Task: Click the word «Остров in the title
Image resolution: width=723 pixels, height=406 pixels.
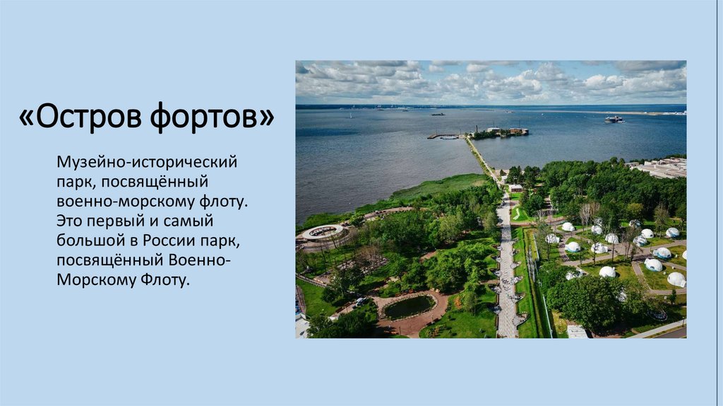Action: (x=81, y=116)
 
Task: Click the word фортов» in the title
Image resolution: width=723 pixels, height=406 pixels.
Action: (x=212, y=116)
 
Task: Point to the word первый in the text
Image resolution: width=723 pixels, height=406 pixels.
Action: (x=116, y=222)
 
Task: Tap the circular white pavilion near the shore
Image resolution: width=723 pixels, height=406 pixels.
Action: (x=322, y=231)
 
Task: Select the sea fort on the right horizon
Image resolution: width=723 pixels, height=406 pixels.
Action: (x=614, y=119)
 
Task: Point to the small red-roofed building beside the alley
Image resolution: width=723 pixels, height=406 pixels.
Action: (x=515, y=187)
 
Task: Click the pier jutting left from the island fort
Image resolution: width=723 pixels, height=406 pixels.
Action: (x=443, y=136)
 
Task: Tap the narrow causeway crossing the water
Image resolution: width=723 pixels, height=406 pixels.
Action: (x=481, y=155)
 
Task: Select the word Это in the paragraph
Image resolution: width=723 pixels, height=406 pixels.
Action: (x=72, y=222)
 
